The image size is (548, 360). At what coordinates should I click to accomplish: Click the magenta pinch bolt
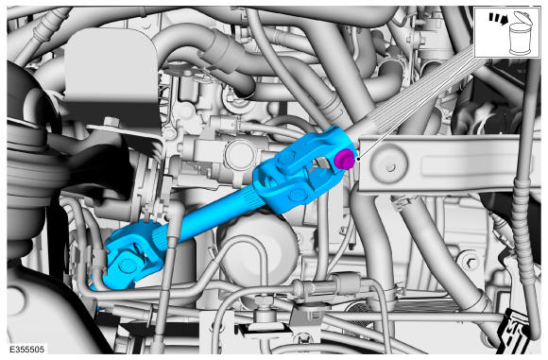[x=344, y=159]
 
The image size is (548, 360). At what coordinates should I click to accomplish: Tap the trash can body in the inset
[x=520, y=39]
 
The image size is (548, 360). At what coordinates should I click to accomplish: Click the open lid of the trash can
[x=522, y=17]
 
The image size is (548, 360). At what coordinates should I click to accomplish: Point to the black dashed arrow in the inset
[x=498, y=19]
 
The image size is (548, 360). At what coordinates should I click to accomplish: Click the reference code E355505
[x=26, y=350]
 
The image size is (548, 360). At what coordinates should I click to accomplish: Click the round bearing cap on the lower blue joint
[x=128, y=266]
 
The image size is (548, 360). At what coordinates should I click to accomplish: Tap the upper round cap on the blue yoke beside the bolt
[x=287, y=159]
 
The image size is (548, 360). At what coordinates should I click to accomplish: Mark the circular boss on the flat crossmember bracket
[x=389, y=167]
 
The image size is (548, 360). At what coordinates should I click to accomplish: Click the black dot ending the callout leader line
[x=358, y=159]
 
